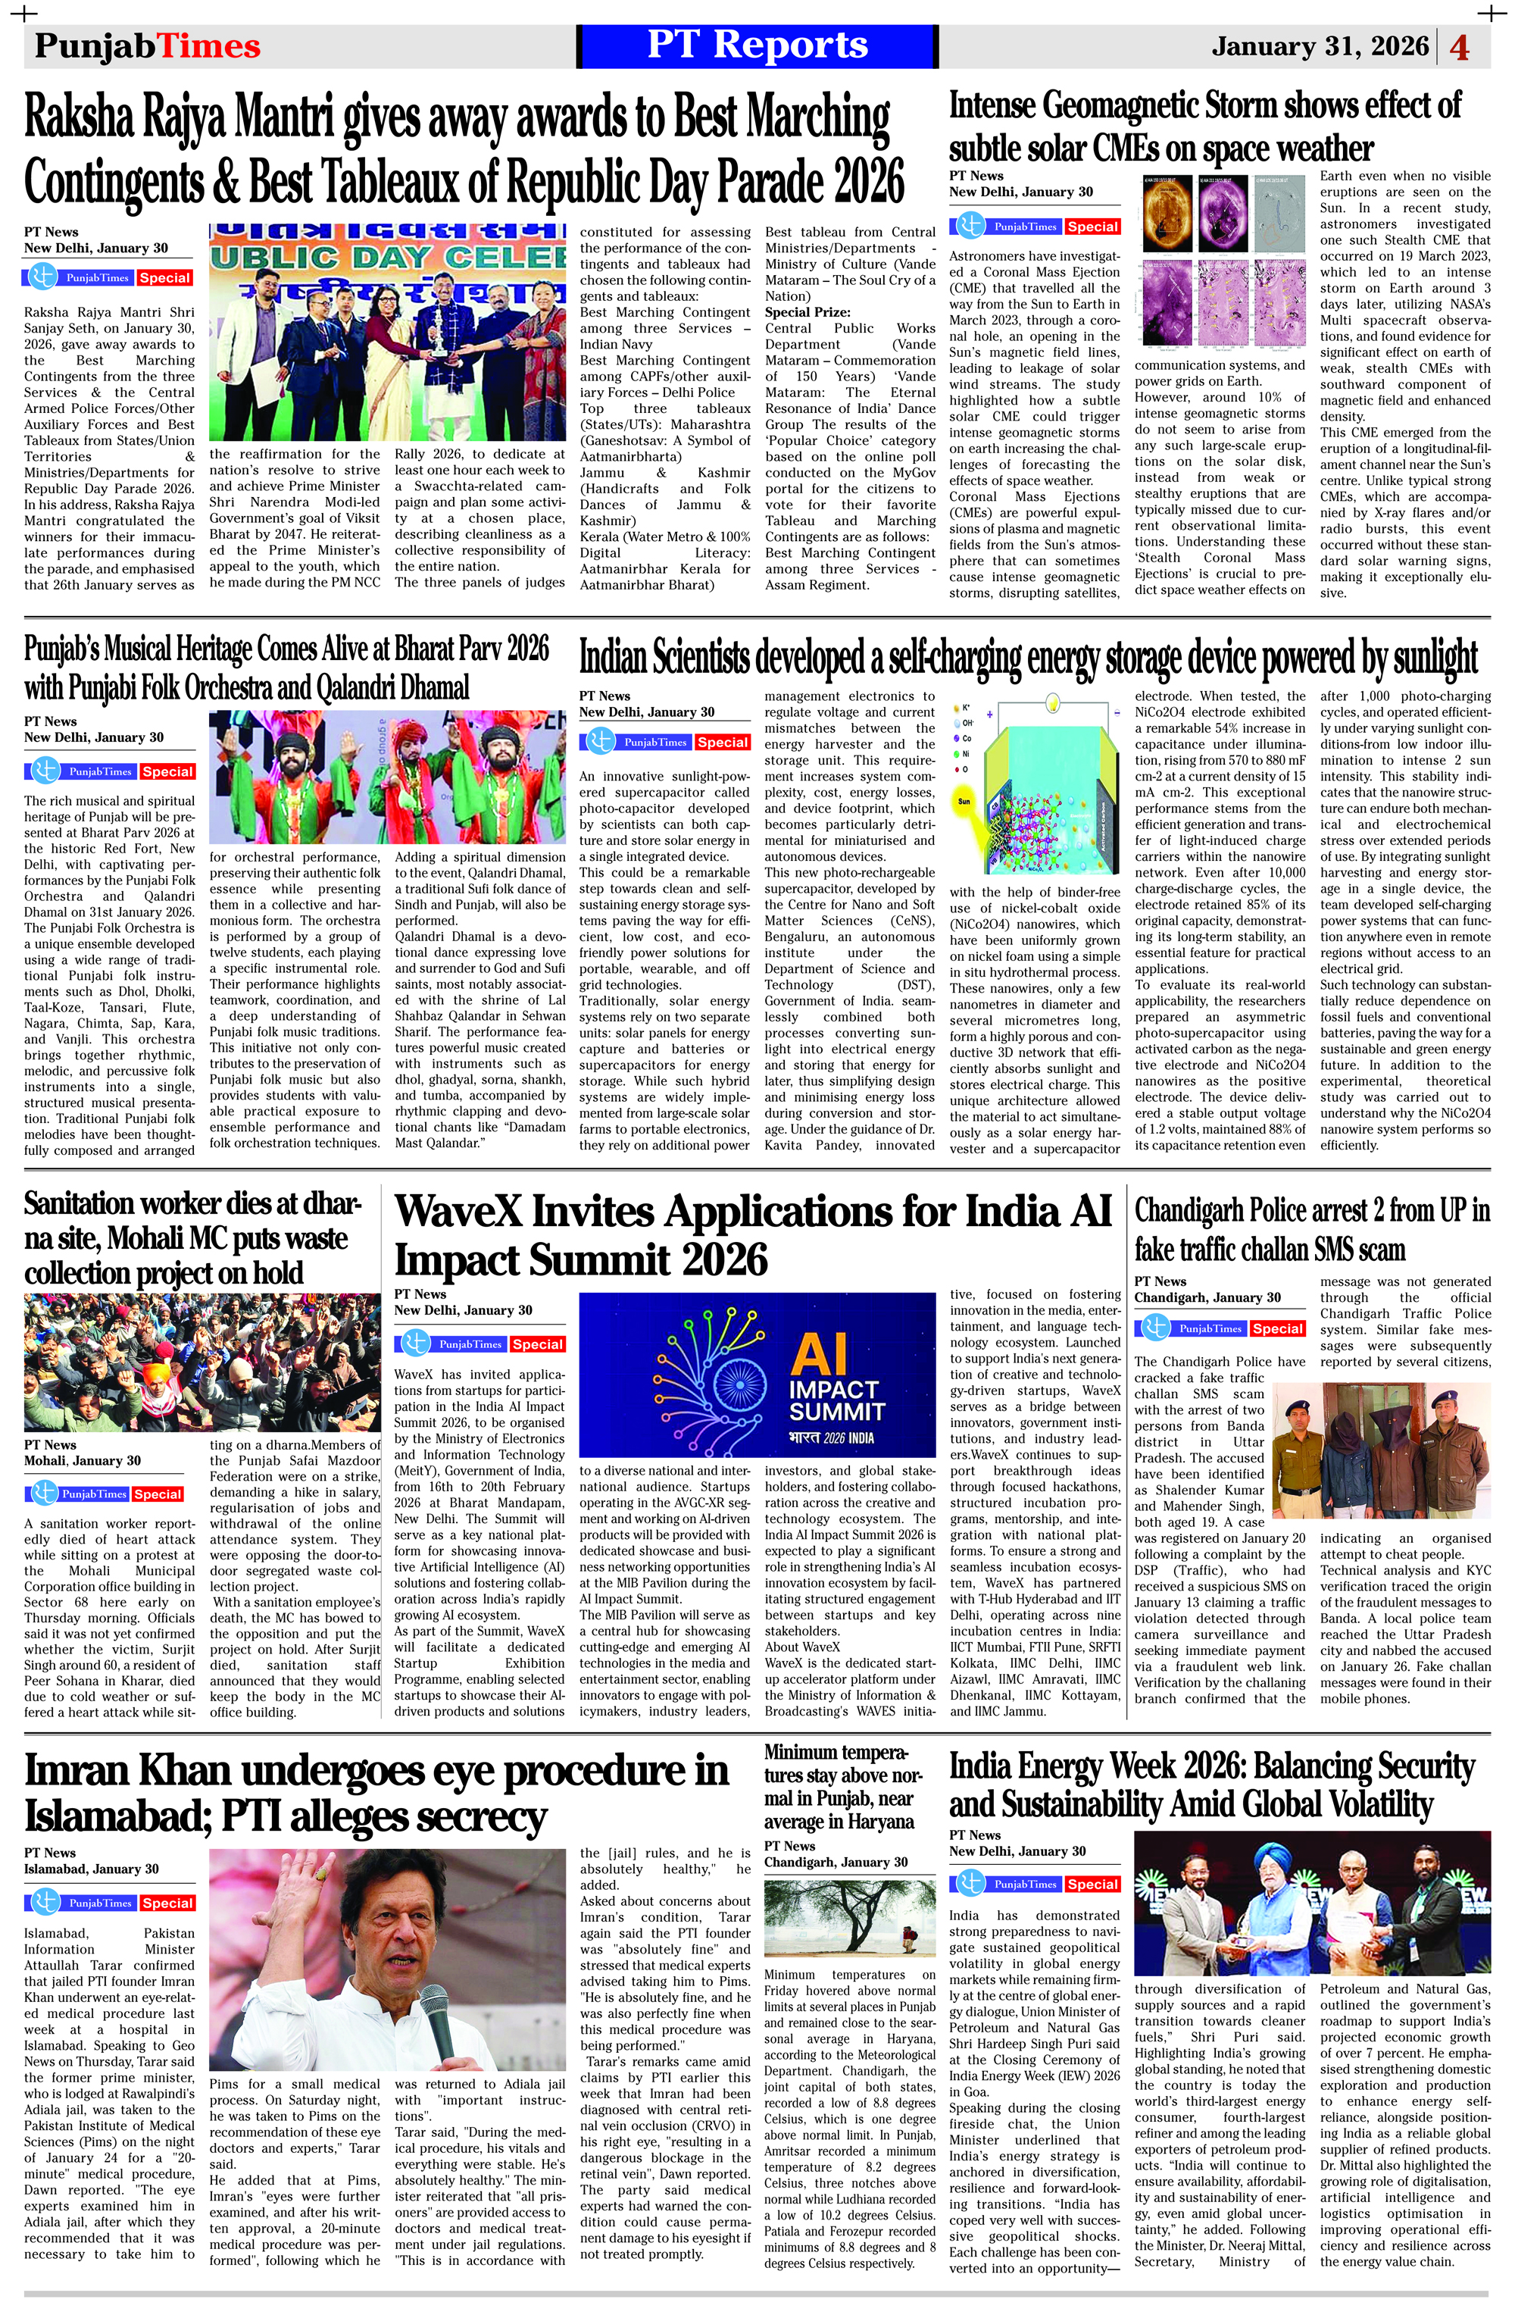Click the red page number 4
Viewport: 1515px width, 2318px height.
click(x=1460, y=48)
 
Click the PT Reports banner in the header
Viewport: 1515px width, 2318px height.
click(x=757, y=45)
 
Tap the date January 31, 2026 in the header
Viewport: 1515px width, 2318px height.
click(x=1320, y=47)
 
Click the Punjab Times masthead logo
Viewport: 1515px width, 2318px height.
click(x=147, y=47)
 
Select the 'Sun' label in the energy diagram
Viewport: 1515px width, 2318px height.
click(x=964, y=801)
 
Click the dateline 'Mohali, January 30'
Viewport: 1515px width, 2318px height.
click(x=82, y=1461)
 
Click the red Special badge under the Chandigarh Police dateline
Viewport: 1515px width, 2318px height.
click(x=1277, y=1328)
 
